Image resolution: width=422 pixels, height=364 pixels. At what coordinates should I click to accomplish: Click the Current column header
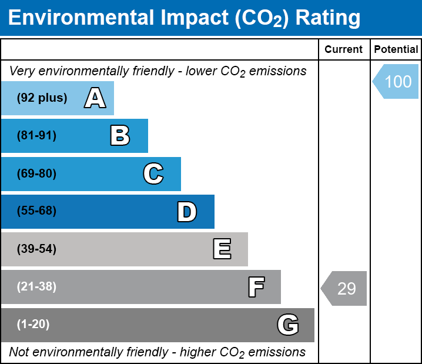tap(343, 49)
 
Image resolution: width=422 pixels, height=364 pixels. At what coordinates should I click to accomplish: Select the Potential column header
tap(396, 49)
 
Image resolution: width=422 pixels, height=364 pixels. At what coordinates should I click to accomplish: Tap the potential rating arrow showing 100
tap(396, 81)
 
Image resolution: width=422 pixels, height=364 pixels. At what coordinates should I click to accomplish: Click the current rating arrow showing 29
tap(344, 288)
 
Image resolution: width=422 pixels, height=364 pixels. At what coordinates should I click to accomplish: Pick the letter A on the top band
tap(95, 98)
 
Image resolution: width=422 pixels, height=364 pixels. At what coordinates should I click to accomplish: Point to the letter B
tap(120, 136)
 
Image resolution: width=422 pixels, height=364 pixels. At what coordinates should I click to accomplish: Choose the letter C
tap(153, 173)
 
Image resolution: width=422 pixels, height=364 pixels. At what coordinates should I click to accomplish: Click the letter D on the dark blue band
tap(187, 212)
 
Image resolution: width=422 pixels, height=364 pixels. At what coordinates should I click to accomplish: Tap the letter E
tap(222, 249)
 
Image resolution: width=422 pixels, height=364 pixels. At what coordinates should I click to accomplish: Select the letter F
tap(256, 287)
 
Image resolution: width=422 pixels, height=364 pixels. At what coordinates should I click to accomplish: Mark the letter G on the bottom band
tap(288, 325)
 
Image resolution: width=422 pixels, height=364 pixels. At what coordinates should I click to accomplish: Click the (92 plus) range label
tap(42, 98)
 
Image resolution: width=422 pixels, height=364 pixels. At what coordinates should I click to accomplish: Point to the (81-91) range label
tap(36, 135)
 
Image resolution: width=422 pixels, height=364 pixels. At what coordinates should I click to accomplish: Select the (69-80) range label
tap(36, 173)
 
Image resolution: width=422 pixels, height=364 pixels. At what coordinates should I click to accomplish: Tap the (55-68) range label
tap(36, 211)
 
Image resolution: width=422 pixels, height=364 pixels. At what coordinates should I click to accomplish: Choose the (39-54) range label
tap(36, 249)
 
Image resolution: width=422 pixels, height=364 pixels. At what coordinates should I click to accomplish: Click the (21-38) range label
tap(36, 287)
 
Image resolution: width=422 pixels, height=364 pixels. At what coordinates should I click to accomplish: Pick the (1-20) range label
tap(33, 325)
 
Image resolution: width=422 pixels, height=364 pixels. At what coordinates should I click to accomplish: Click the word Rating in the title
tap(328, 18)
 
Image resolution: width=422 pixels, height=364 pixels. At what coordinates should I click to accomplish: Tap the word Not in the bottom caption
tap(19, 352)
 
